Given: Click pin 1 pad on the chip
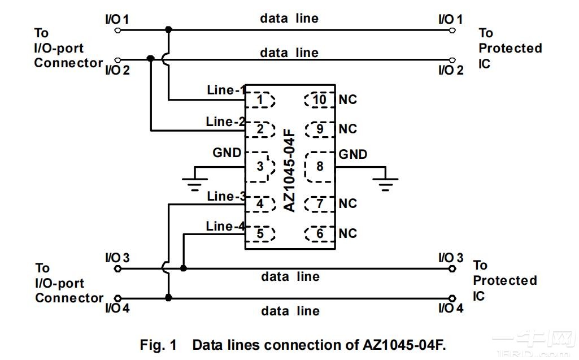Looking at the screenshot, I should pyautogui.click(x=261, y=100).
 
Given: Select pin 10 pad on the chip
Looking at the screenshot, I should pyautogui.click(x=319, y=100).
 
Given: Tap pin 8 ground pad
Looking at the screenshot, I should pyautogui.click(x=319, y=167).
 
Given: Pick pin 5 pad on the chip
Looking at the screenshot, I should pyautogui.click(x=261, y=233).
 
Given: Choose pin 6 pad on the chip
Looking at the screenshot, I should pyautogui.click(x=319, y=233).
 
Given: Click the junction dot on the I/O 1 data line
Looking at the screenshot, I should pyautogui.click(x=168, y=29).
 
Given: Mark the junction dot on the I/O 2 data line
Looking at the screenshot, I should pyautogui.click(x=150, y=59).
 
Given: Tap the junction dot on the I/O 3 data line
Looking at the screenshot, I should pyautogui.click(x=183, y=268).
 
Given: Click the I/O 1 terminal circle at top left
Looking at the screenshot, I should pyautogui.click(x=117, y=30).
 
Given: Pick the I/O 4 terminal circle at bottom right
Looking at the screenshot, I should pyautogui.click(x=452, y=298).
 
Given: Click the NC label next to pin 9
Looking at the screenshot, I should pyautogui.click(x=348, y=129).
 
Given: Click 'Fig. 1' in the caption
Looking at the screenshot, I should pyautogui.click(x=158, y=345).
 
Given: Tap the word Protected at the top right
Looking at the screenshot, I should pyautogui.click(x=510, y=49).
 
